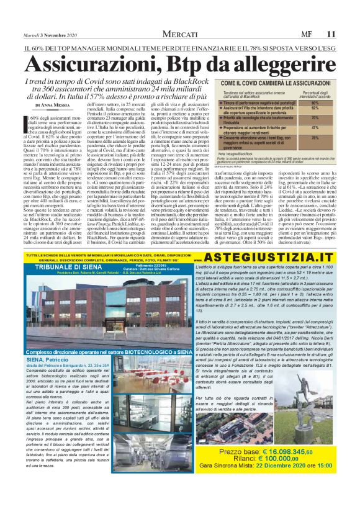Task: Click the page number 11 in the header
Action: (x=349, y=34)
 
